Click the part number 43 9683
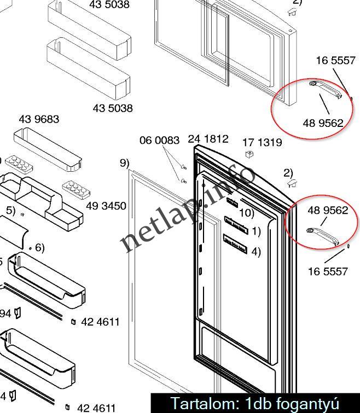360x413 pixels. (x=39, y=119)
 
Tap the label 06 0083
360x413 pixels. (x=159, y=141)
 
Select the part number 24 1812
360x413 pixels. (x=208, y=139)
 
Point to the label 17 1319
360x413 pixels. (x=262, y=142)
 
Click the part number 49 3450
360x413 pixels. (x=106, y=206)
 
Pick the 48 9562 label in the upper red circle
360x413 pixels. (x=323, y=123)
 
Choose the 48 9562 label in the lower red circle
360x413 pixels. (x=328, y=210)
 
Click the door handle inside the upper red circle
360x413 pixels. (x=326, y=89)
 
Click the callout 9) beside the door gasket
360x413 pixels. (x=125, y=162)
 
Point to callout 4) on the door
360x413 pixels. (x=256, y=252)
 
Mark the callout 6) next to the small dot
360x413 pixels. (x=39, y=248)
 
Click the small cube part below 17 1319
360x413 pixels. (x=249, y=154)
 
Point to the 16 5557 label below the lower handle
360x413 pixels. (x=328, y=271)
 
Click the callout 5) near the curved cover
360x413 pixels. (x=10, y=210)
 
